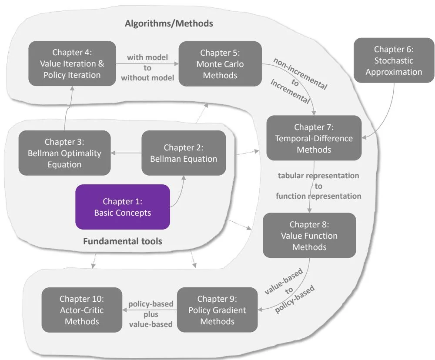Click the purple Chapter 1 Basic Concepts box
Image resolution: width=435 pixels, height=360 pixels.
(x=122, y=207)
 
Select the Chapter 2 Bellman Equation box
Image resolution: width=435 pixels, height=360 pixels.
(x=184, y=153)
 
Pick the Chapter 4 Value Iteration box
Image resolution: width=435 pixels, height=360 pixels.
(x=72, y=63)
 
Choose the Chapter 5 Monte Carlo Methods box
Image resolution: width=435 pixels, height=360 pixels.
(x=220, y=63)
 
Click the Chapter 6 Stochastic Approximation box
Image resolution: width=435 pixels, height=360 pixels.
(x=394, y=60)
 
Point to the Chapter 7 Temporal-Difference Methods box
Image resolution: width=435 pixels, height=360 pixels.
(x=314, y=138)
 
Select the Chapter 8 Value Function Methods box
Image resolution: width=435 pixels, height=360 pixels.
(x=309, y=236)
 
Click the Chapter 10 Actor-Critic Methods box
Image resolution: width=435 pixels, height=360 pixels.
(x=82, y=310)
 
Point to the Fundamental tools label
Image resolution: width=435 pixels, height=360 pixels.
(x=122, y=240)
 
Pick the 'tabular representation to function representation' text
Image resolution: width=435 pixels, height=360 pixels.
(x=318, y=186)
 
